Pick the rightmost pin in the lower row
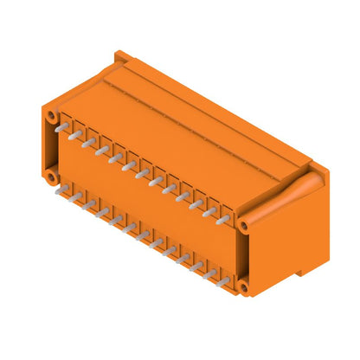[x=223, y=283]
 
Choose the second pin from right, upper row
[x=209, y=212]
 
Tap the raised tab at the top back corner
[x=124, y=58]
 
